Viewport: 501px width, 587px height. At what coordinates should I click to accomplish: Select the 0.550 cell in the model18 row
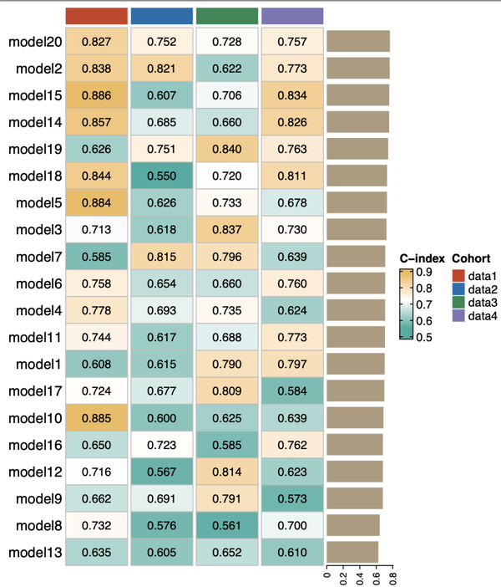point(162,176)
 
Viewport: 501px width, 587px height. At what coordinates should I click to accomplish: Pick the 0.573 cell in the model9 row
point(292,498)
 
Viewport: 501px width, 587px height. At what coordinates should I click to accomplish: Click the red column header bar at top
point(97,16)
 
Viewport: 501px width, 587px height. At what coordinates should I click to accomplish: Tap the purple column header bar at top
point(292,16)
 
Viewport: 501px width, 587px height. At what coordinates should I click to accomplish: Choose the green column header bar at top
point(227,16)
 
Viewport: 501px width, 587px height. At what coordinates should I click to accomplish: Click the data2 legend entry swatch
point(458,288)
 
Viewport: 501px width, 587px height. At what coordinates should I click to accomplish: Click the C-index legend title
point(422,258)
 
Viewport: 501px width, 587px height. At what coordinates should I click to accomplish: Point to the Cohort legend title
point(470,258)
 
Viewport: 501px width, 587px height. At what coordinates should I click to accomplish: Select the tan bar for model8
point(353,525)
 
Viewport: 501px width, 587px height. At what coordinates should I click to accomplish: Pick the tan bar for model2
point(358,69)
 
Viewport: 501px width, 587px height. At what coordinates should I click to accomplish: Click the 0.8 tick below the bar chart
point(392,575)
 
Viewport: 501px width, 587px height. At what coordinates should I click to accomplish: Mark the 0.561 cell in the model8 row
point(227,525)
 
